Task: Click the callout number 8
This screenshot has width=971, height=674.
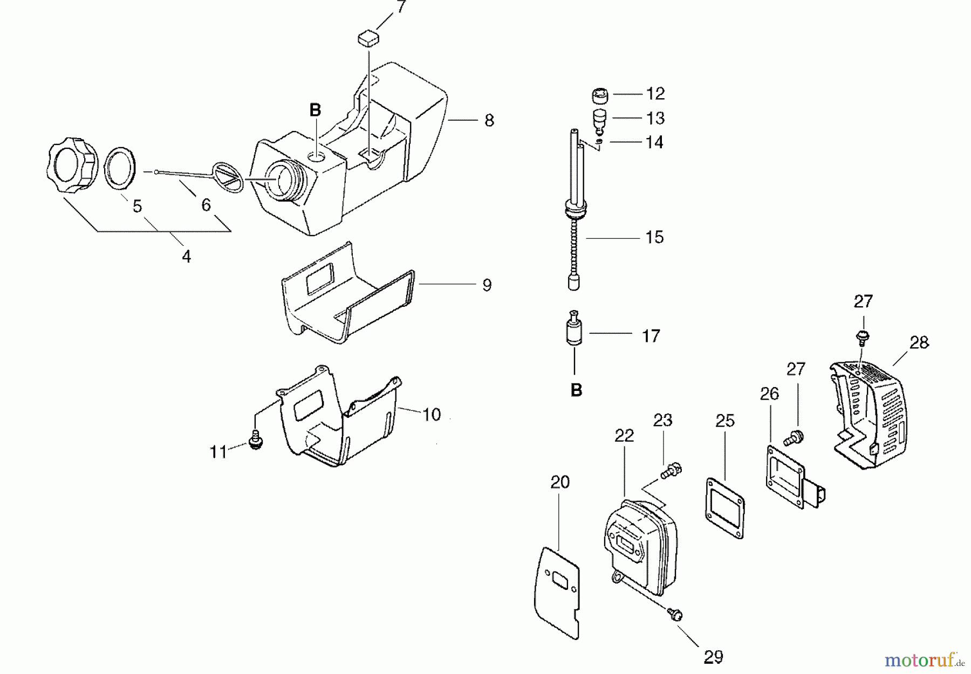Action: click(x=489, y=120)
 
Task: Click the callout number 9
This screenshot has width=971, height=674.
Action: click(x=487, y=285)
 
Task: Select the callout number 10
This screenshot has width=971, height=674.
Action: click(x=432, y=415)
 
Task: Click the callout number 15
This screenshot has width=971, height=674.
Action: click(x=654, y=237)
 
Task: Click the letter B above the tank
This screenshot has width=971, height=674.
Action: click(x=315, y=111)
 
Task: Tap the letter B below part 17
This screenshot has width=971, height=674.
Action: click(x=576, y=390)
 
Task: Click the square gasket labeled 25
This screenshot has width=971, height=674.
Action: click(x=725, y=506)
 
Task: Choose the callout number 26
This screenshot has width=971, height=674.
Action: click(x=769, y=394)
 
